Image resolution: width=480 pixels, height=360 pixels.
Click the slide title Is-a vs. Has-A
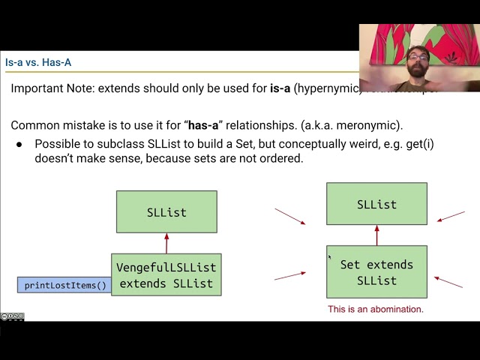click(x=38, y=63)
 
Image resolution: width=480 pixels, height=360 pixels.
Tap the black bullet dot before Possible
click(x=19, y=144)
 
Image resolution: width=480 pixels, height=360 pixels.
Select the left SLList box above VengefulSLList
click(x=166, y=211)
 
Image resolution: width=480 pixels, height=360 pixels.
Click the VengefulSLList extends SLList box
click(x=166, y=274)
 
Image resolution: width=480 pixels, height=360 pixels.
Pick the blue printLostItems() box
click(x=65, y=285)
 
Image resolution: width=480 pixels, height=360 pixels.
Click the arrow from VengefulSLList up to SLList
click(x=166, y=243)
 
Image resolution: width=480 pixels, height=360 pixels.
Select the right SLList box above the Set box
click(x=376, y=204)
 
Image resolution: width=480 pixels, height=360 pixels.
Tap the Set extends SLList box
click(x=376, y=272)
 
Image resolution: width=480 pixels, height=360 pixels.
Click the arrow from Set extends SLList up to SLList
click(x=376, y=235)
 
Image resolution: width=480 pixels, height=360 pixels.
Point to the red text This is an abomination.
click(x=375, y=309)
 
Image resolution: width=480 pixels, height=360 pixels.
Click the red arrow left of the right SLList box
click(x=290, y=217)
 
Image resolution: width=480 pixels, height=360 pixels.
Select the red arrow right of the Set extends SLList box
click(x=448, y=282)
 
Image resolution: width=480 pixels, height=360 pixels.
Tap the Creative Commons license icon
click(x=12, y=316)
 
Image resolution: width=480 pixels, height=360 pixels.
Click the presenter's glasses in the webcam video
click(x=418, y=57)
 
